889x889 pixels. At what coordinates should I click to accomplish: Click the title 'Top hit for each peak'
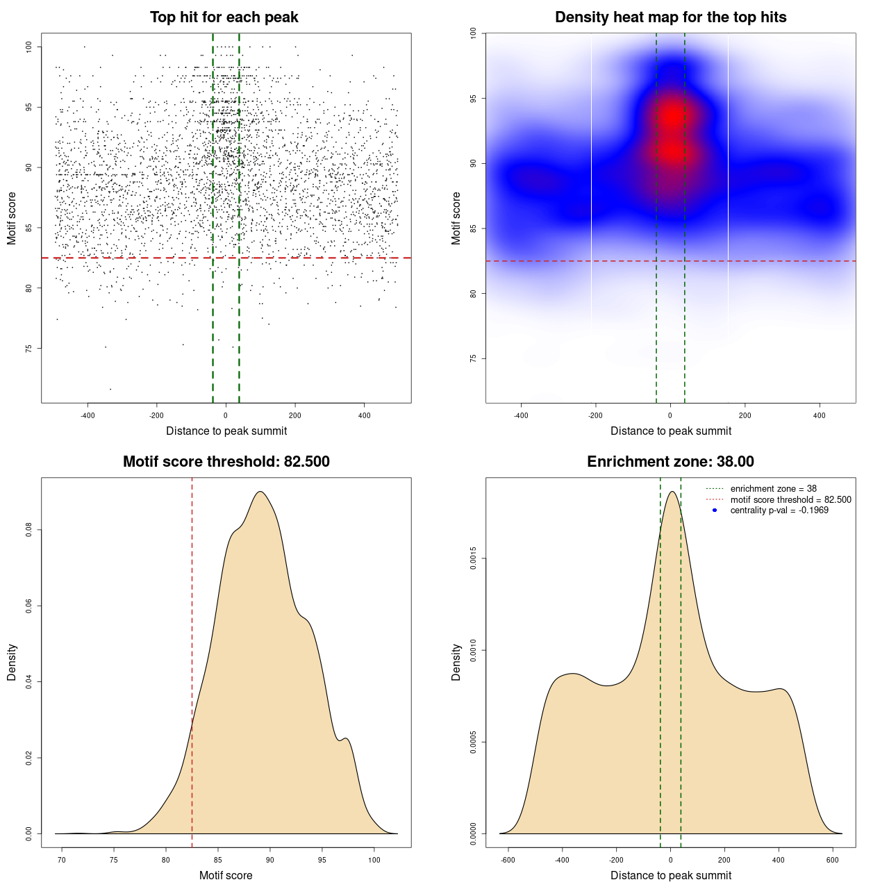tap(224, 17)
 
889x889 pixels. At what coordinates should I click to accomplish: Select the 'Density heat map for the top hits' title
tap(670, 17)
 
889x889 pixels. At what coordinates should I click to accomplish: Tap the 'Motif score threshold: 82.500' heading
tap(226, 462)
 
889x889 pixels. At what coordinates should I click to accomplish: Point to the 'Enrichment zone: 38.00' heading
tap(670, 462)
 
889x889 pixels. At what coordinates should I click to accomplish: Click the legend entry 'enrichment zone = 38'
tap(773, 489)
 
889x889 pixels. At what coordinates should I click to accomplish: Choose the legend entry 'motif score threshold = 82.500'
tap(790, 500)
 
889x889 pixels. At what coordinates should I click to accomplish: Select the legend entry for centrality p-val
tap(779, 510)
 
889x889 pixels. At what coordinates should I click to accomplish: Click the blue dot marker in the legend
tap(715, 510)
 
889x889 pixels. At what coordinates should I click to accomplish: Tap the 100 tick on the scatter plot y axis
tap(28, 47)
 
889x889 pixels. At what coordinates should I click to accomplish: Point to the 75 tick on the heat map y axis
tap(473, 358)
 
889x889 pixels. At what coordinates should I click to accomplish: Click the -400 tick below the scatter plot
tap(88, 415)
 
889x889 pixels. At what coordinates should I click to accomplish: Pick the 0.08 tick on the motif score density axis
tap(28, 531)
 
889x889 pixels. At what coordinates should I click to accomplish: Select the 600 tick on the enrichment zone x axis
tap(833, 860)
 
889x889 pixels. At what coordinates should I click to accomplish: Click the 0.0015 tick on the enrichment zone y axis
tap(473, 558)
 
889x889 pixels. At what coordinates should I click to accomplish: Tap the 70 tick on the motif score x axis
tap(62, 860)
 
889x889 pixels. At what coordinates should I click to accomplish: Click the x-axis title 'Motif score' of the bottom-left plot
tap(226, 875)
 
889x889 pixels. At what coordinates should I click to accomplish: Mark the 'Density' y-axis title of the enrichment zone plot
tap(456, 662)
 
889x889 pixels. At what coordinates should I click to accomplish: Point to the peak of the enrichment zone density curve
tap(672, 492)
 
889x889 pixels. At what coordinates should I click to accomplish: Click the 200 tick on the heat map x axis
tap(745, 415)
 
